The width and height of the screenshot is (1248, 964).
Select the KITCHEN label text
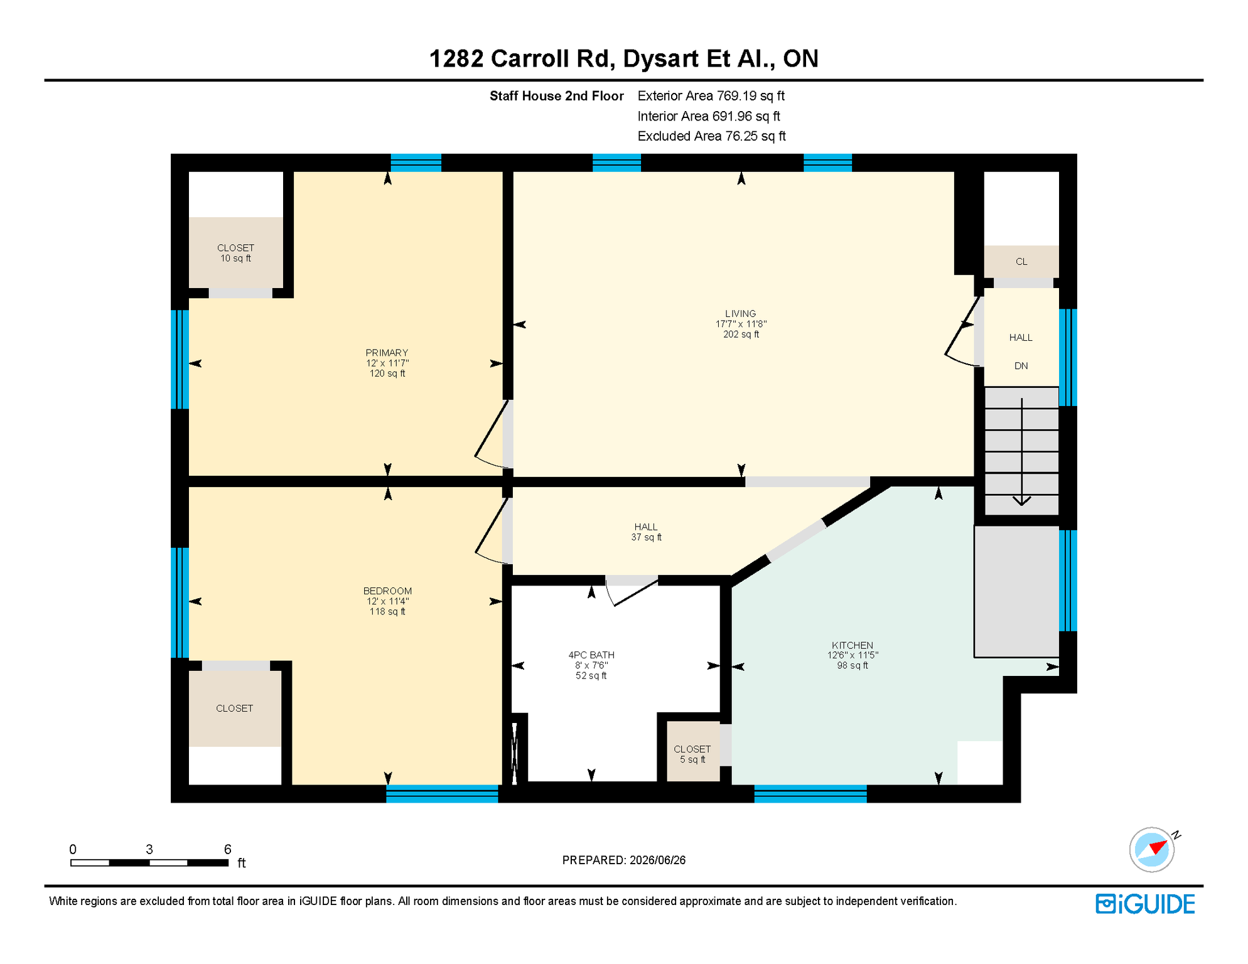[x=853, y=645]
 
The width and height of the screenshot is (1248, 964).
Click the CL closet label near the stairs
[x=1021, y=262]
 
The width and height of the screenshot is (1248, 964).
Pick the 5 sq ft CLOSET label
[x=692, y=754]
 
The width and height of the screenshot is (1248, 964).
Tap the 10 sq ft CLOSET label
[x=235, y=253]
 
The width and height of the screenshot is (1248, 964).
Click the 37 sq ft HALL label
[x=646, y=532]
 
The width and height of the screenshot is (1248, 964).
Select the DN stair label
[x=1021, y=366]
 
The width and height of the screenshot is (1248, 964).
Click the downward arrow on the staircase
[x=1021, y=452]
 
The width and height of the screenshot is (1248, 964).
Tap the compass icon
[x=1152, y=850]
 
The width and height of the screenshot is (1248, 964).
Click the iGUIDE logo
[x=1146, y=904]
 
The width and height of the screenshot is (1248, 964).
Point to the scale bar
[x=149, y=863]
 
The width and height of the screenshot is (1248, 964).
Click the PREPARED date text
[x=624, y=860]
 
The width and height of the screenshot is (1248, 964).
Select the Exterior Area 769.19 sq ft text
[x=711, y=96]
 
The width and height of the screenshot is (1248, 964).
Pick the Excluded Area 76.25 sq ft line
[x=712, y=136]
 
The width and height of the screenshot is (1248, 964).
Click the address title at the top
[x=624, y=58]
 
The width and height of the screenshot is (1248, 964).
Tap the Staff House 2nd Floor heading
[x=557, y=96]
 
